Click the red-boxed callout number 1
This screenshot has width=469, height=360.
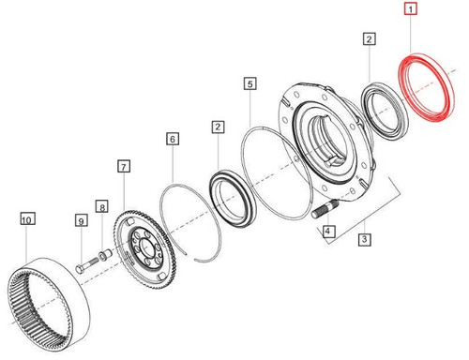tap(409, 11)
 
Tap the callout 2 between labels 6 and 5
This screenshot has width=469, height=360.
tap(218, 125)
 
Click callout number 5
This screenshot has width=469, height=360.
tap(173, 139)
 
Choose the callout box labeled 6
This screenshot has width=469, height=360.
tap(123, 166)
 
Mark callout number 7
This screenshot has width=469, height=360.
tap(101, 205)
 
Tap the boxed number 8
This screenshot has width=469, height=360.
tap(81, 220)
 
